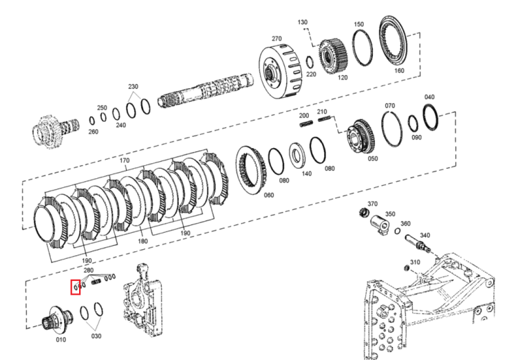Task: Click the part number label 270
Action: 277,39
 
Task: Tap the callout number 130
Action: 303,22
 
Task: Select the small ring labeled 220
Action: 310,61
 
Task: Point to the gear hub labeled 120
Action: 332,56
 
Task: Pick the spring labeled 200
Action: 306,123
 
